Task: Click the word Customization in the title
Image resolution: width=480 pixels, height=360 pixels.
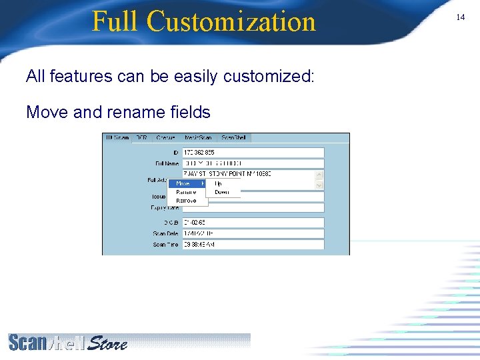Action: click(231, 21)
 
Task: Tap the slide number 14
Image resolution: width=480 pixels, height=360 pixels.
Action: click(460, 17)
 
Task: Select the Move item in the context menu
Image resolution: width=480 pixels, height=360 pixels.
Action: click(183, 183)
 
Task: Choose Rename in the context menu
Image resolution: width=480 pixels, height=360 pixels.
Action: click(186, 192)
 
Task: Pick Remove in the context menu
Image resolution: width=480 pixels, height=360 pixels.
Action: click(186, 200)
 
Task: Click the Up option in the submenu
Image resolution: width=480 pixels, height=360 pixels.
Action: click(218, 183)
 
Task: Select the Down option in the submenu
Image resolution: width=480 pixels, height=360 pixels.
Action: click(221, 192)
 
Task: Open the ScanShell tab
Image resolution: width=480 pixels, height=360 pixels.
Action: click(233, 137)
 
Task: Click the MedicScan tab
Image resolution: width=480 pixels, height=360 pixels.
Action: click(198, 137)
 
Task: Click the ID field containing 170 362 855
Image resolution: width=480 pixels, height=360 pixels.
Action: click(253, 153)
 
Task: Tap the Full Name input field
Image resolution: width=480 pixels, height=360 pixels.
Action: click(253, 163)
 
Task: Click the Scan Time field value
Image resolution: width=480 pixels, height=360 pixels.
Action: click(253, 245)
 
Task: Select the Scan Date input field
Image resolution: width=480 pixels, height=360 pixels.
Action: click(253, 233)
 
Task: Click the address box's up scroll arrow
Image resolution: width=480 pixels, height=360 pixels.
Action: click(319, 175)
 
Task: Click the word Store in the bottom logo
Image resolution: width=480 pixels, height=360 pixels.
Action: click(107, 343)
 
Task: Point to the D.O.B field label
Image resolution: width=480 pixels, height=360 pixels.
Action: click(165, 222)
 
